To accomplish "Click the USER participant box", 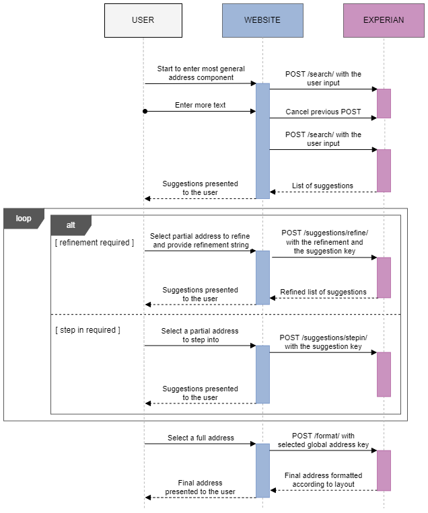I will pos(143,20).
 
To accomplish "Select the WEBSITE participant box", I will pos(262,20).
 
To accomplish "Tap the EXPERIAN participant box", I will pos(384,20).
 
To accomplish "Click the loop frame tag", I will pos(24,219).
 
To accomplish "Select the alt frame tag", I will pos(71,225).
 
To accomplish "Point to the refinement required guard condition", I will pos(94,243).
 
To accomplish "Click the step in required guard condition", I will pos(87,330).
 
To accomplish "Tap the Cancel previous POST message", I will pos(323,112).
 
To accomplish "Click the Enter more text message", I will pos(200,106).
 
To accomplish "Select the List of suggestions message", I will pos(322,186).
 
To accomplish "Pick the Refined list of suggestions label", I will pos(323,292).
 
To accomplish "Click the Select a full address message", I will pos(201,438).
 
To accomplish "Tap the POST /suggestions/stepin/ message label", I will pos(324,342).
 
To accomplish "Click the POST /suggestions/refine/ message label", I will pos(324,242).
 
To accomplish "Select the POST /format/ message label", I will pos(323,440).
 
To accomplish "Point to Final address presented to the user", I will pos(200,487).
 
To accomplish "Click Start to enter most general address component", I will pos(201,73).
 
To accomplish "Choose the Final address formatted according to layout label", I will pos(323,479).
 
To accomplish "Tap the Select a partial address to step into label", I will pos(200,336).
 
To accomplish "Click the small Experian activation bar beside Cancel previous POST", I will pos(384,104).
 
